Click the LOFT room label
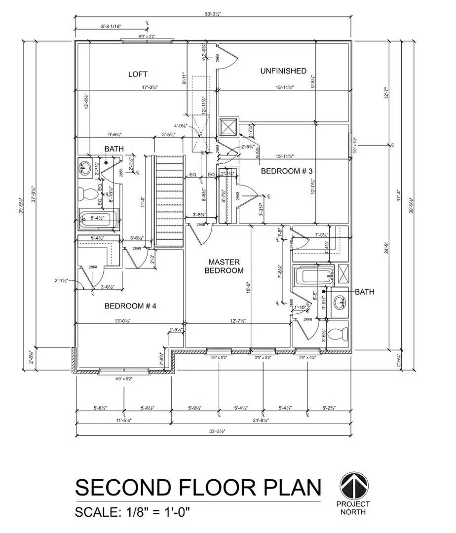click(138, 74)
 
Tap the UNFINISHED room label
click(283, 71)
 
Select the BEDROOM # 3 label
click(287, 171)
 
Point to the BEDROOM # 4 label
click(130, 306)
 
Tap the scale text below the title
click(132, 512)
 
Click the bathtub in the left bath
click(99, 218)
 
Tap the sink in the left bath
click(85, 168)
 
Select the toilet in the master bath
click(338, 334)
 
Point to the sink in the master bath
click(340, 301)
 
